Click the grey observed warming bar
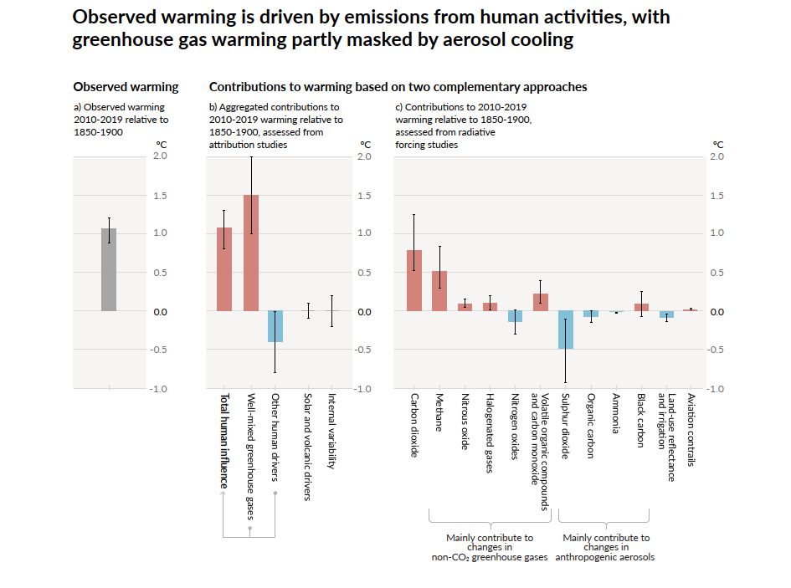click(109, 269)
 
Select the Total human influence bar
click(223, 269)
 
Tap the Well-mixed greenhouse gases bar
click(250, 253)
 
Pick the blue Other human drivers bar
click(275, 326)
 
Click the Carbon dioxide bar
click(414, 280)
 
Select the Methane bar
click(439, 291)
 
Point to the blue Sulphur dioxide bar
click(566, 330)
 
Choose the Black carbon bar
click(641, 307)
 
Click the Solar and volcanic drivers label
click(307, 447)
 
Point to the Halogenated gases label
click(490, 433)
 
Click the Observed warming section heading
click(126, 87)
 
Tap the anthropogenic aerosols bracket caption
click(606, 547)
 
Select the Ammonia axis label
click(616, 413)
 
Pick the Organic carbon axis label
click(591, 425)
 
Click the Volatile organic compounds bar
click(541, 302)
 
